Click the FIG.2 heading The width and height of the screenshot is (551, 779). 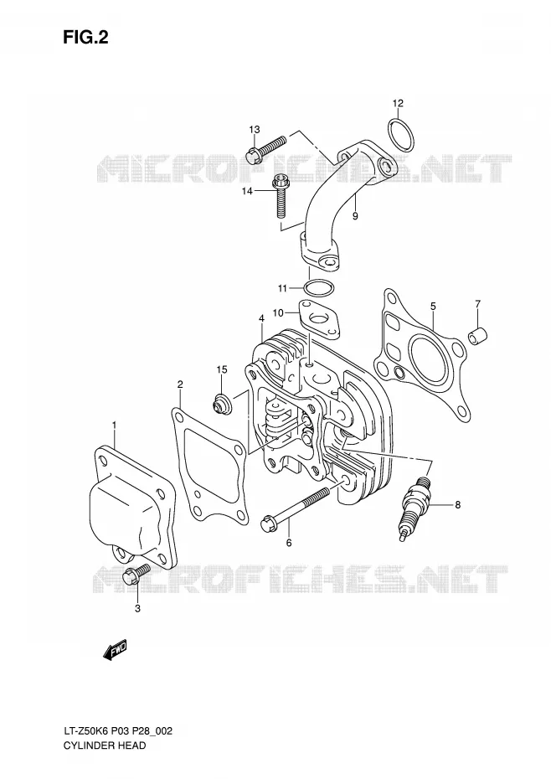(85, 38)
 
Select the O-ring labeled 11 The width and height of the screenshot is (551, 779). (318, 288)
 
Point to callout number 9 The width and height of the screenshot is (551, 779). (355, 215)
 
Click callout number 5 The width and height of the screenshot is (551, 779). (433, 307)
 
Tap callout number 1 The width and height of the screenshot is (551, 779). (114, 425)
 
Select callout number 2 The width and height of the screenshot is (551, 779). (180, 384)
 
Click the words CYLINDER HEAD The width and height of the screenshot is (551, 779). (105, 745)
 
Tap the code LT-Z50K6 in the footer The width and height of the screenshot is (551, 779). (85, 730)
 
